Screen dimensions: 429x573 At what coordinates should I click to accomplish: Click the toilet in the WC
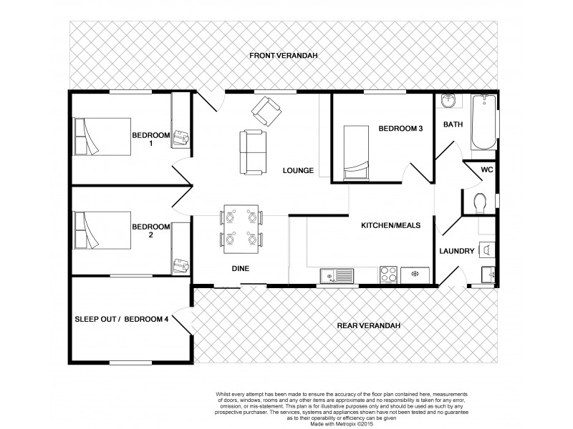coord(481,202)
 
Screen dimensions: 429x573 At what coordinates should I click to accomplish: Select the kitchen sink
coord(337,274)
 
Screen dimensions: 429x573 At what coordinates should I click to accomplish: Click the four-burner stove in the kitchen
coord(389,273)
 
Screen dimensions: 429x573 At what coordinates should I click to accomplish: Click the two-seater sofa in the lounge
coord(254,151)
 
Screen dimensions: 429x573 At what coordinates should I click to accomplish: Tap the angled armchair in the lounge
coord(265,109)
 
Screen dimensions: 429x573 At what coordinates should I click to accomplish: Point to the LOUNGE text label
coord(299,170)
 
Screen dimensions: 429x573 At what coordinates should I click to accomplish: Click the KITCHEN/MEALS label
coord(390,225)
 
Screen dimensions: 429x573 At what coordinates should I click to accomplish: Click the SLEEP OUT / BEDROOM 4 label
coord(122,319)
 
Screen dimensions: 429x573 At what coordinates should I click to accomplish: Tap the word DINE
coord(239,269)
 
